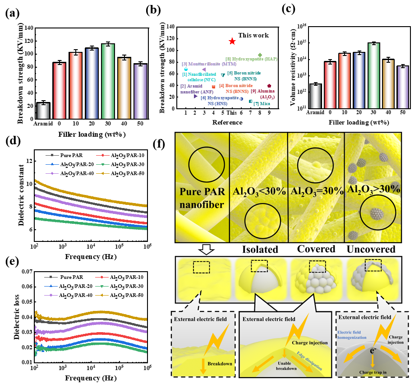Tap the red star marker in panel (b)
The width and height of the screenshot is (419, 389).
pos(232,41)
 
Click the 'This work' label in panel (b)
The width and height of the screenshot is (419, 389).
pos(253,35)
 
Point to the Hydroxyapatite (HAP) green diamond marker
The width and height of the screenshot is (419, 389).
pos(260,55)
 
